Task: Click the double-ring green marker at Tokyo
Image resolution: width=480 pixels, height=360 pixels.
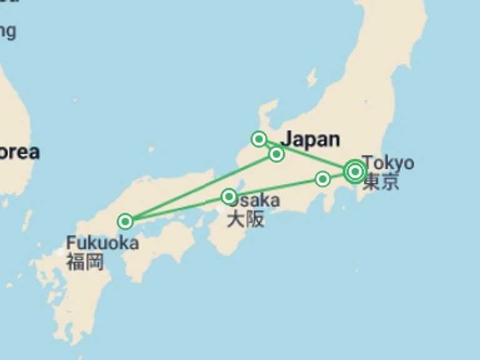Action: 355,171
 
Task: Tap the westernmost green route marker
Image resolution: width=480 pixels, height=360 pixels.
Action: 126,221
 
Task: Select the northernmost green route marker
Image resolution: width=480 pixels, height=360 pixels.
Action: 259,139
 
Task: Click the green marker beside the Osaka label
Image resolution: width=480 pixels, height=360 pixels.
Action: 229,197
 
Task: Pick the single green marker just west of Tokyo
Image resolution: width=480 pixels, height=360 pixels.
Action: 322,179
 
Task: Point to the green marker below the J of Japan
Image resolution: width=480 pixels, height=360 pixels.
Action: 276,154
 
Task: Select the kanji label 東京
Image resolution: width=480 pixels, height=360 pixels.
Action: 381,182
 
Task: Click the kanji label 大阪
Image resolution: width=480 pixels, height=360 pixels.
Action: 245,219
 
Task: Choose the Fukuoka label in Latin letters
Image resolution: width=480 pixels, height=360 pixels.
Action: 102,242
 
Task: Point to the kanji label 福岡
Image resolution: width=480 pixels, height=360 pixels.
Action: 85,261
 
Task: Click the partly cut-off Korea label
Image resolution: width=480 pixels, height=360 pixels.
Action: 19,152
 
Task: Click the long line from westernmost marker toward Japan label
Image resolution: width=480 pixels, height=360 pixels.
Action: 200,188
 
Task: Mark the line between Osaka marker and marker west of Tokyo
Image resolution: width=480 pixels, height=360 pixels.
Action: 275,188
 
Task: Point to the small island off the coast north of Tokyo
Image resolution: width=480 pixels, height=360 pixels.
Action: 311,77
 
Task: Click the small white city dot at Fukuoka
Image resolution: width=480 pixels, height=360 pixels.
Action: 60,252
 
